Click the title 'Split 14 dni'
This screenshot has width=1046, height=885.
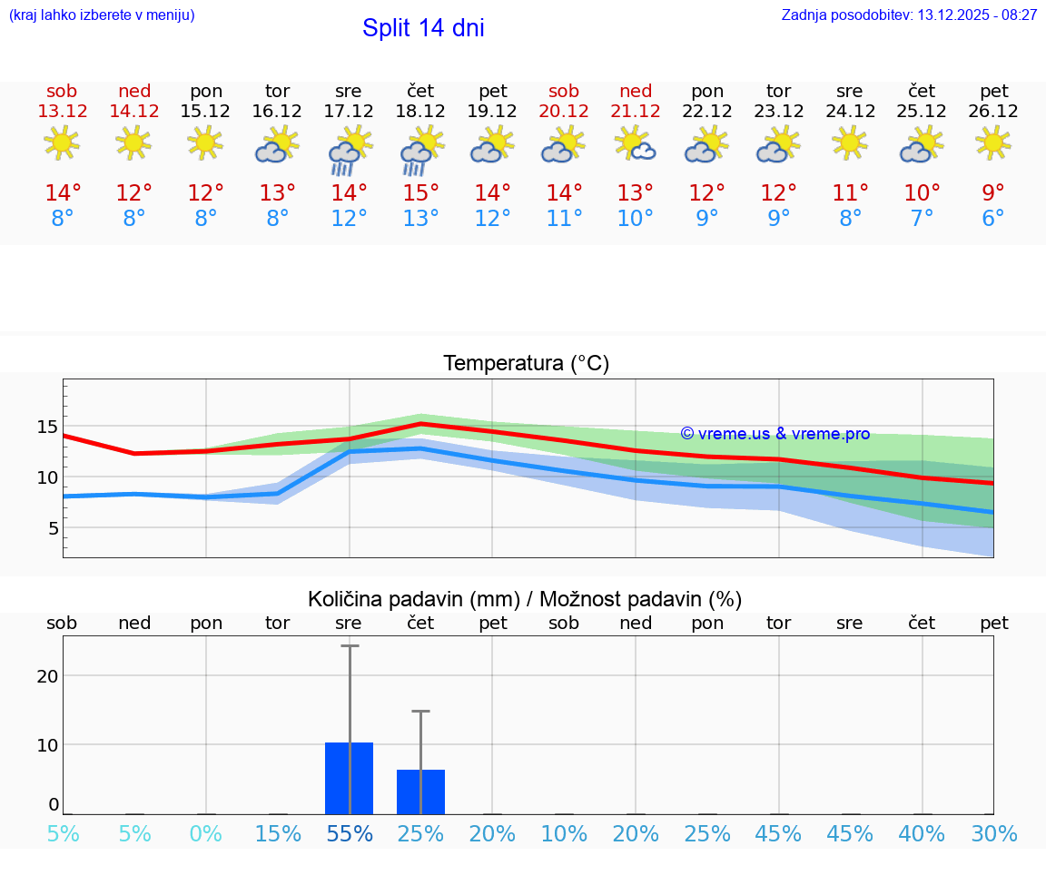coord(423,28)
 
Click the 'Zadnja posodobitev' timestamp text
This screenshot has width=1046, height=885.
coord(909,15)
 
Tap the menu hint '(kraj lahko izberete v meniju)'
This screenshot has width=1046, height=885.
coord(102,15)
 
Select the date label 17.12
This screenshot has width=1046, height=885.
coord(349,111)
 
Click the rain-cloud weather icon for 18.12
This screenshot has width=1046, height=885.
coord(421,150)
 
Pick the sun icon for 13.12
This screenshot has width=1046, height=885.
coord(62,143)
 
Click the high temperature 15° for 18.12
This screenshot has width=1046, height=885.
coord(420,193)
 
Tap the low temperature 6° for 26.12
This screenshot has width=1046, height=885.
coord(993,219)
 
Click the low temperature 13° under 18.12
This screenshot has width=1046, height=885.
coord(420,219)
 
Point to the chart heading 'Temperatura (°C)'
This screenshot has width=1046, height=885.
coord(526,363)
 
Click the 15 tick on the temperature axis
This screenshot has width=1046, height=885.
coord(47,427)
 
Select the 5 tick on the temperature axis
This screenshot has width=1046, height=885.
coord(53,528)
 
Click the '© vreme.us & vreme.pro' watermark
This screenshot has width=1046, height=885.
coord(775,434)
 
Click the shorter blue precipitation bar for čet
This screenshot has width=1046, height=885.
coord(420,792)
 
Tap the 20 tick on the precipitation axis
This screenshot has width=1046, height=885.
coord(47,675)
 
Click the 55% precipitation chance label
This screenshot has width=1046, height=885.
coord(349,834)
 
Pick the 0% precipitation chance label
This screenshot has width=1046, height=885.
coord(206,834)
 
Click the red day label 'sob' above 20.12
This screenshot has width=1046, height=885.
coord(564,91)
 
